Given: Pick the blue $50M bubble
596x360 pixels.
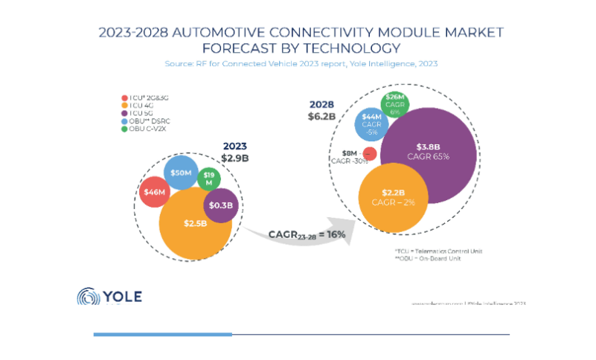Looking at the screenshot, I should (180, 173).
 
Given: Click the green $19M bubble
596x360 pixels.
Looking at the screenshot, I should (209, 179).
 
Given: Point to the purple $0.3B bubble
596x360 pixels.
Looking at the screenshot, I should (220, 205).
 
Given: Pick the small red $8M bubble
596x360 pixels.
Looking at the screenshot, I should (368, 155).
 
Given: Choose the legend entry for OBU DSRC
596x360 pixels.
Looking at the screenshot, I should (150, 122).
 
